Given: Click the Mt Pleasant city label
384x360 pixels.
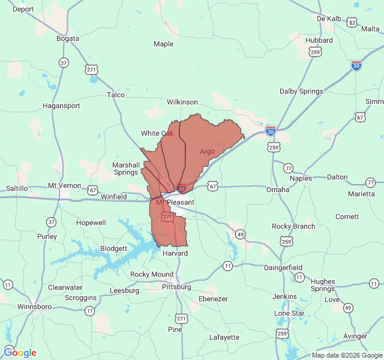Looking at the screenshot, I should pos(175,203).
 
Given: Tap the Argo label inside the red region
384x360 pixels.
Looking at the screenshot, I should pos(207,151).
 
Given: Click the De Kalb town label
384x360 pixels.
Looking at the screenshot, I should pos(329,19).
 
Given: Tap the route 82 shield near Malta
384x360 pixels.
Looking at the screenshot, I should pos(352,22).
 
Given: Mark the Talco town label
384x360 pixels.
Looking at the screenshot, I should pos(115,95).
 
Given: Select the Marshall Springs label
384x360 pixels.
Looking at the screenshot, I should pos(126,169).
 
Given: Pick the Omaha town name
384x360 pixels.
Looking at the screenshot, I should pos(278,190).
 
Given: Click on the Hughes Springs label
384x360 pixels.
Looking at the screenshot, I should pos(323,285).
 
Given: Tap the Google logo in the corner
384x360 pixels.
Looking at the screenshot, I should pos(20,352).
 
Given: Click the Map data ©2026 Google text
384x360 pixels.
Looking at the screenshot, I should pos(346,355).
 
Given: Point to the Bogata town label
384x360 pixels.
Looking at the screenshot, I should pos(68,38).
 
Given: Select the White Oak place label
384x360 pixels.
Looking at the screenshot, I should pos(157,133).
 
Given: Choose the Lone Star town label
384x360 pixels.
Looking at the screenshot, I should pos(289,313).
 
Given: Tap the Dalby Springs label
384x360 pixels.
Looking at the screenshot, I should pos(301,91).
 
